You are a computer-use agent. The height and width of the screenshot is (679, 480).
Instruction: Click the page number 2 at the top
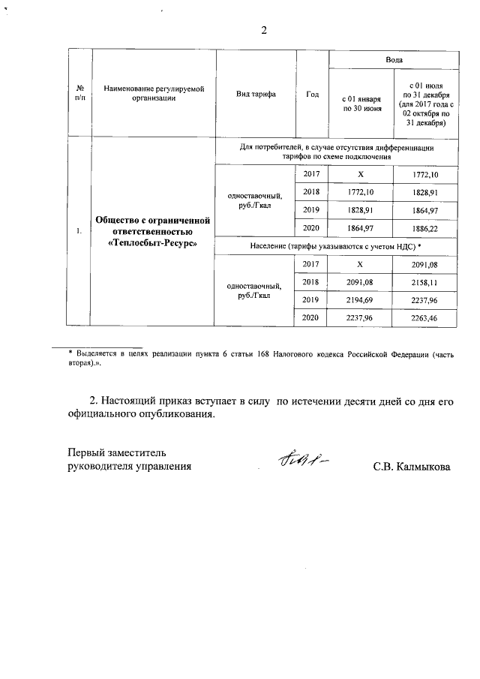(263, 31)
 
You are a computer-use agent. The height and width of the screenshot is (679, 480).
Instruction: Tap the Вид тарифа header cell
(256, 95)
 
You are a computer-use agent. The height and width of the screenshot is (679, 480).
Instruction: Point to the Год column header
(313, 95)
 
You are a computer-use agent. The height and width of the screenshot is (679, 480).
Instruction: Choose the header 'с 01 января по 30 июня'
(362, 104)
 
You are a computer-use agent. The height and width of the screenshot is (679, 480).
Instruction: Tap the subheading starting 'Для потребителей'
(336, 152)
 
